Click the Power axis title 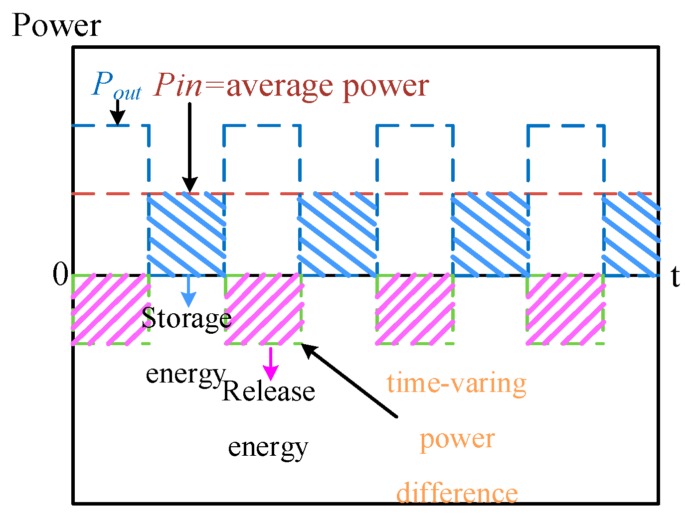(x=56, y=26)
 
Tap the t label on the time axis (x=675, y=277)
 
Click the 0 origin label (x=60, y=274)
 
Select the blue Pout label (x=116, y=86)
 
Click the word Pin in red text (x=178, y=86)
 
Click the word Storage (x=186, y=318)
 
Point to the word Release (x=268, y=391)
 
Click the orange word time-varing (x=456, y=384)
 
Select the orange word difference (x=457, y=493)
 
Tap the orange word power (x=457, y=439)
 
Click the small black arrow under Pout (x=118, y=113)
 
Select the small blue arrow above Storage (x=188, y=291)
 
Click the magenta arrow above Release (x=271, y=364)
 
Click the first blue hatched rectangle (x=186, y=234)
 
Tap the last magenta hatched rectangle (x=565, y=309)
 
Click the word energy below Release (x=268, y=447)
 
